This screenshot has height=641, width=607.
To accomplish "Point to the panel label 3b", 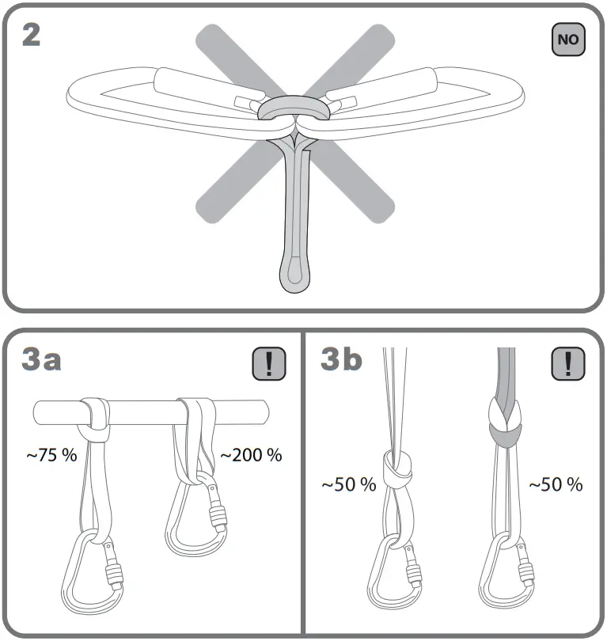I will coord(342,360).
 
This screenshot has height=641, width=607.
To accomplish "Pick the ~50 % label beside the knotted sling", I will coord(348,484).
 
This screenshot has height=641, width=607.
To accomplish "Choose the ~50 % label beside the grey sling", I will coord(556,484).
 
